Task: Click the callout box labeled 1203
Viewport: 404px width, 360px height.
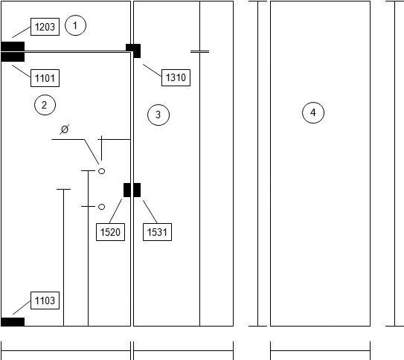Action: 45,27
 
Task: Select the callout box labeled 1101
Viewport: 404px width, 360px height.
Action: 45,78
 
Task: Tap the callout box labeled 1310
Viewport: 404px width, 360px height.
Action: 176,77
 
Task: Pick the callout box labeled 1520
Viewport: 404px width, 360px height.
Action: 110,232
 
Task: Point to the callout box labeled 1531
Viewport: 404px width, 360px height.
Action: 157,232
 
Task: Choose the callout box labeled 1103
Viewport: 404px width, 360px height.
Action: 45,300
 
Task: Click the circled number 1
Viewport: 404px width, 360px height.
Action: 75,25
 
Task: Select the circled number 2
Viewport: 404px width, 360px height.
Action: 45,105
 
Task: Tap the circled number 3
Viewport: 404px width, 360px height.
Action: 158,115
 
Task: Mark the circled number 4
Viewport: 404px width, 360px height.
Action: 313,113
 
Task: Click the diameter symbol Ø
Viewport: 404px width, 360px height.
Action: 65,129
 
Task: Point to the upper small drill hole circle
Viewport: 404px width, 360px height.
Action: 102,171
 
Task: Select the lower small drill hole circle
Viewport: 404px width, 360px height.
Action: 102,207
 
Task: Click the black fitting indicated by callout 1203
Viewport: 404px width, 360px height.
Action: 13,46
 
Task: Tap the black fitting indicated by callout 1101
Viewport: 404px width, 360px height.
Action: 13,57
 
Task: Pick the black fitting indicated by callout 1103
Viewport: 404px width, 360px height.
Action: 13,322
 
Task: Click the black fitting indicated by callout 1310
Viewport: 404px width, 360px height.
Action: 133,51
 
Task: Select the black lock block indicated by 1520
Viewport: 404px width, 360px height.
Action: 127,190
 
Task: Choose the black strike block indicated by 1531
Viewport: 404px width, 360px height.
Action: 137,190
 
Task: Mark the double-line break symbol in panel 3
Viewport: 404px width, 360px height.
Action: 199,52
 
